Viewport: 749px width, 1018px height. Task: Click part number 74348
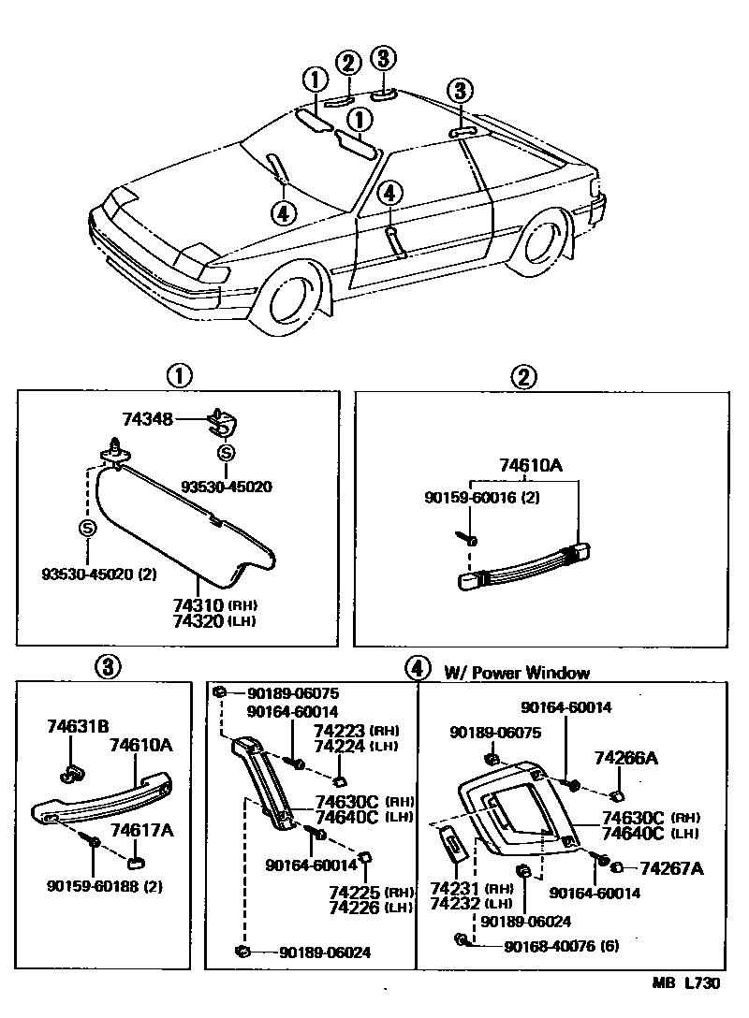[147, 420]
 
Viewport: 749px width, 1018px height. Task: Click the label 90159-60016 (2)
[478, 498]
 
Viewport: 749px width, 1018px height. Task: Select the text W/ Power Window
[517, 672]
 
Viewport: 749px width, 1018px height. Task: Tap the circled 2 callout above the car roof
[348, 64]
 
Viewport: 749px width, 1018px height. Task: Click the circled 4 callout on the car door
[389, 194]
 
